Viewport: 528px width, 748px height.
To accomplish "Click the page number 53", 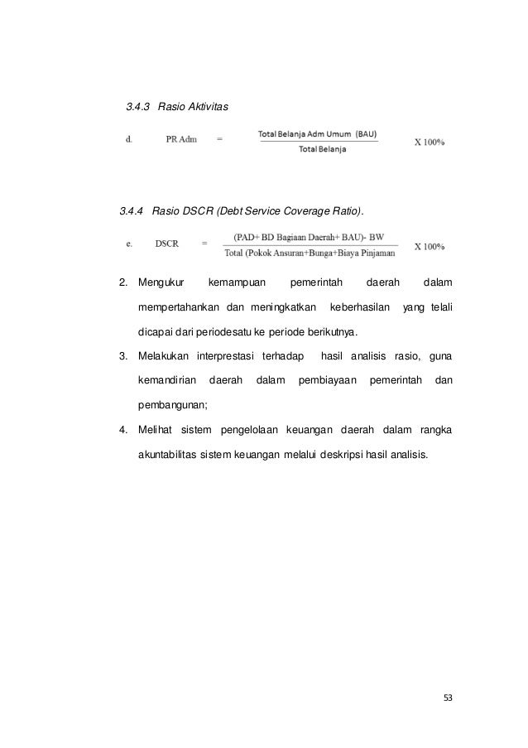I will point(449,697).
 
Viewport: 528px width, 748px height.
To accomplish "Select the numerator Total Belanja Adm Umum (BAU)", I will point(318,134).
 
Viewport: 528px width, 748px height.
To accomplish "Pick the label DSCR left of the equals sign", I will point(169,244).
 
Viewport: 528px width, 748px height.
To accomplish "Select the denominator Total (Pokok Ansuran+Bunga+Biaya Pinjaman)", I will point(310,253).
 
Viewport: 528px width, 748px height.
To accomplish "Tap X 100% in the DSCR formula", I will point(430,246).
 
